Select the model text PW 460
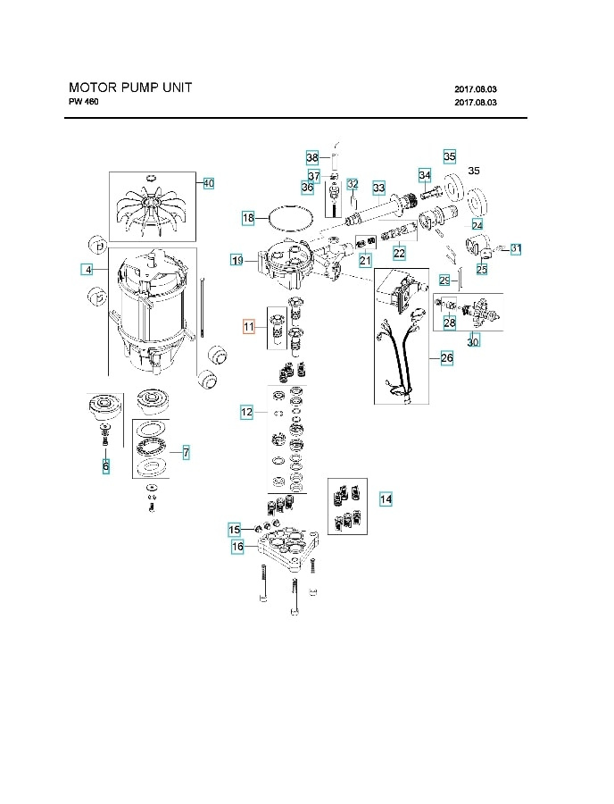[x=84, y=102]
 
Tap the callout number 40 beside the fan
[x=208, y=183]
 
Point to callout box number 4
[x=87, y=269]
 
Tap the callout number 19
[x=236, y=260]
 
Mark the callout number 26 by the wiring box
[x=446, y=358]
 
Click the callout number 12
[x=247, y=412]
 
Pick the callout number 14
[x=386, y=499]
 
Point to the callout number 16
[x=237, y=546]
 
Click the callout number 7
[x=186, y=453]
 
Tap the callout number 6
[x=105, y=465]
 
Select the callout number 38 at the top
[x=311, y=156]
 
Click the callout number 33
[x=379, y=188]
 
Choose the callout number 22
[x=399, y=253]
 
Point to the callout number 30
[x=473, y=342]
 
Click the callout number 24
[x=477, y=224]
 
